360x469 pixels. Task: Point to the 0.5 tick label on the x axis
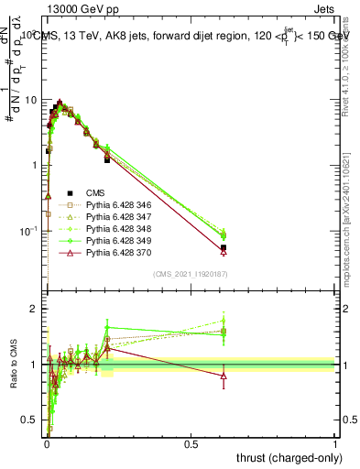tap(191, 444)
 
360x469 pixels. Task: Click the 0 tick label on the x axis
tap(47, 444)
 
